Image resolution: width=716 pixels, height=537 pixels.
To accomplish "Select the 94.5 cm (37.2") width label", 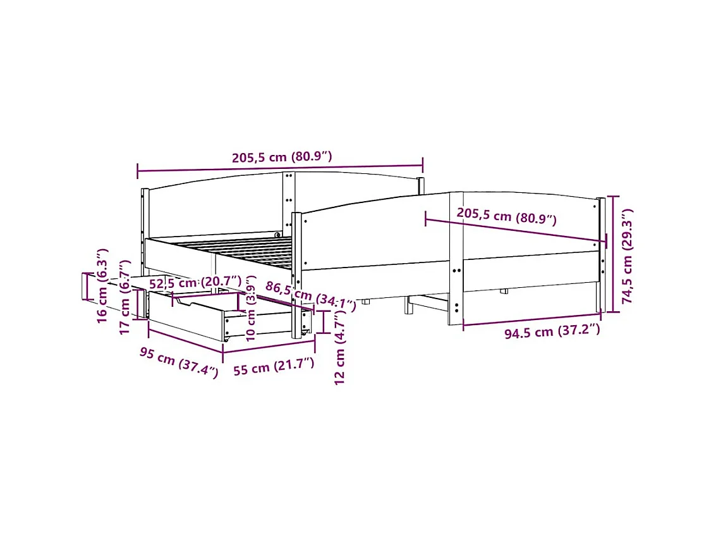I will click(x=552, y=332).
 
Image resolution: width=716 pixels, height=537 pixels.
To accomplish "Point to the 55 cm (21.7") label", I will click(x=274, y=366).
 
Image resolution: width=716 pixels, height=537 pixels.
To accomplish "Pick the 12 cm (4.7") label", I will click(x=341, y=349).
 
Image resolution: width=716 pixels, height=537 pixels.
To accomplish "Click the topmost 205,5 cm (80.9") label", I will click(x=282, y=157).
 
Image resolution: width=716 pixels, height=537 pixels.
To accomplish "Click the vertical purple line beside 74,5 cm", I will click(x=612, y=254).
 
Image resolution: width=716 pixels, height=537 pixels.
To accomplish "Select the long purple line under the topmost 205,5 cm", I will click(x=280, y=168).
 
